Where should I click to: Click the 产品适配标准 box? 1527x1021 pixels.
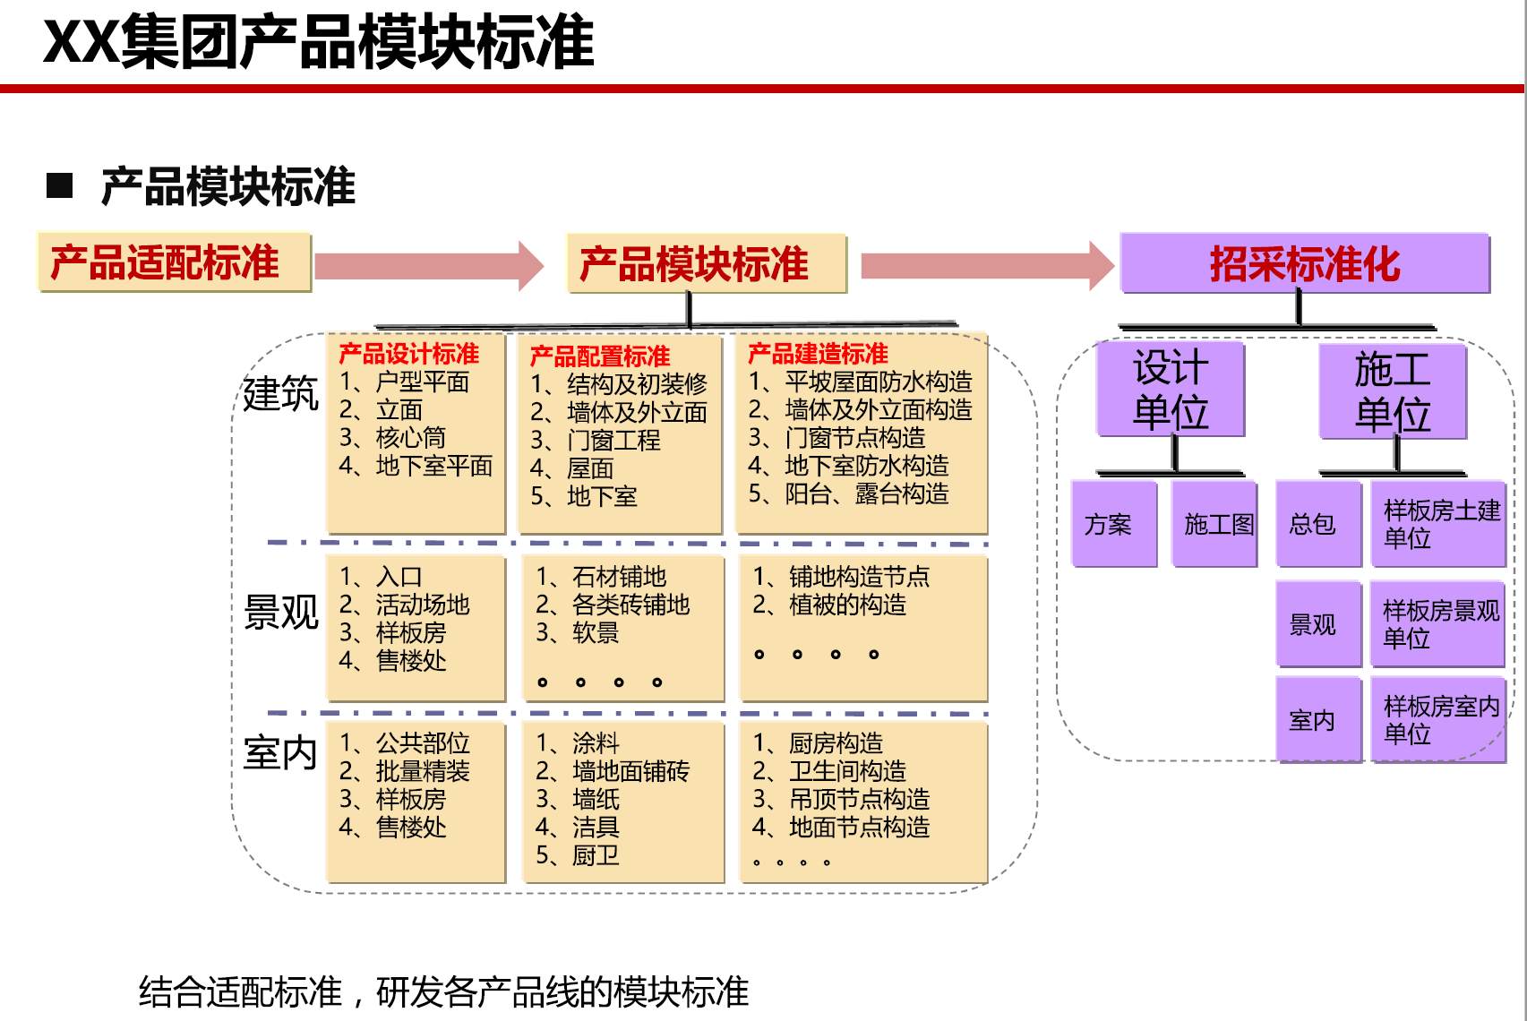click(x=175, y=262)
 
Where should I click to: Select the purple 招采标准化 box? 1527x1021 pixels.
click(x=1305, y=263)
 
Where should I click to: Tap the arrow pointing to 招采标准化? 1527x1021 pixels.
click(x=987, y=265)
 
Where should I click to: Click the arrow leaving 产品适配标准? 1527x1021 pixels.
click(x=429, y=265)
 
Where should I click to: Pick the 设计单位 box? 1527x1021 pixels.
click(x=1171, y=390)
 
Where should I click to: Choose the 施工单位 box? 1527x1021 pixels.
click(x=1392, y=391)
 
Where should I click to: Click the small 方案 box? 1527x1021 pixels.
click(x=1114, y=524)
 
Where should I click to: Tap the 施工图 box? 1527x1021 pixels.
click(x=1214, y=524)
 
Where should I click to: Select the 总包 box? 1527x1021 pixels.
click(x=1318, y=524)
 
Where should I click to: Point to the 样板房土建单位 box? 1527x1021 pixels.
click(x=1437, y=524)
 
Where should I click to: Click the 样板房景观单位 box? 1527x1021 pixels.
click(x=1437, y=623)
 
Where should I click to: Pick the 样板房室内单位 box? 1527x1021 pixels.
click(x=1437, y=720)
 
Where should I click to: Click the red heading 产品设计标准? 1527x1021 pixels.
click(x=409, y=354)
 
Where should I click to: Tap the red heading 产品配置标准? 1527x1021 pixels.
click(x=600, y=356)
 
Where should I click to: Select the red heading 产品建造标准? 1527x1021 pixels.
click(x=818, y=354)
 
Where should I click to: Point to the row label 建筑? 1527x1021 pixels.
click(x=281, y=393)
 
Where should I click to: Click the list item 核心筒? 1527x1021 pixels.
click(x=410, y=438)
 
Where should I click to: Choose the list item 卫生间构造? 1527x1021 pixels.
click(x=847, y=771)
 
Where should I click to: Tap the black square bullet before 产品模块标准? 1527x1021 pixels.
click(x=59, y=185)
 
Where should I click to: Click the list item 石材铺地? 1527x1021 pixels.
click(x=619, y=577)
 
